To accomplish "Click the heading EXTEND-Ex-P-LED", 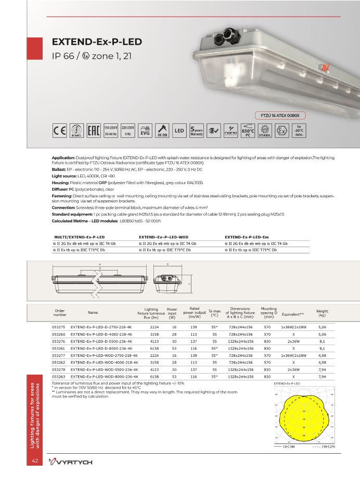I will click(x=97, y=43).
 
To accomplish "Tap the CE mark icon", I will click(x=59, y=131).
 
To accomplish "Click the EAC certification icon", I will click(x=93, y=131).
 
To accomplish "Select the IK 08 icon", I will click(x=162, y=131).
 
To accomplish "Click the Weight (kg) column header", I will click(x=322, y=313).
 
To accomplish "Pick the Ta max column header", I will click(x=214, y=313).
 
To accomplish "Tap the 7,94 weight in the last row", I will click(x=322, y=375).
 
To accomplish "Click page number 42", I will click(x=34, y=461).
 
